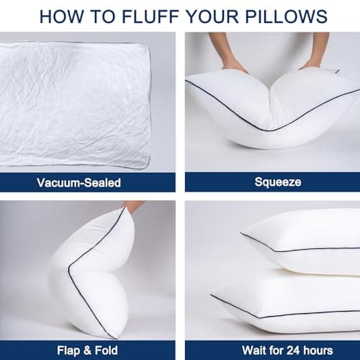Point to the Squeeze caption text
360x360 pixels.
[x=272, y=182]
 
